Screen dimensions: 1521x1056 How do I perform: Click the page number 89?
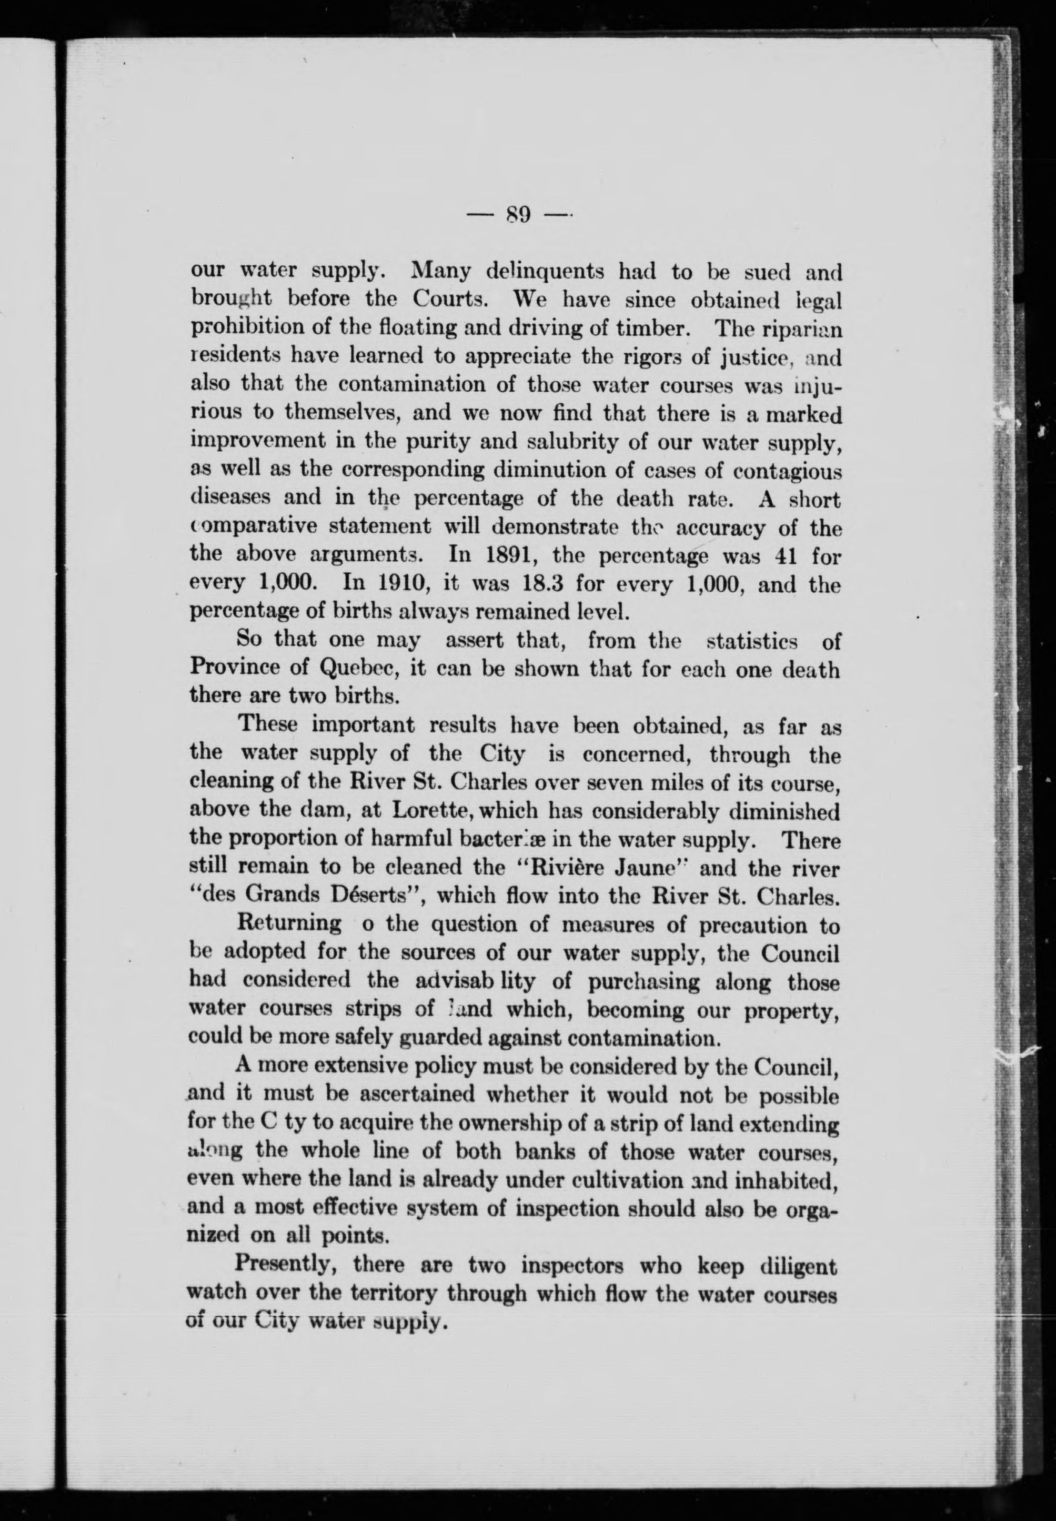[x=518, y=215]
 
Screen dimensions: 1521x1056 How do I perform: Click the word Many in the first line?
[x=441, y=271]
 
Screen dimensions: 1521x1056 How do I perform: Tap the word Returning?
[x=289, y=924]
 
